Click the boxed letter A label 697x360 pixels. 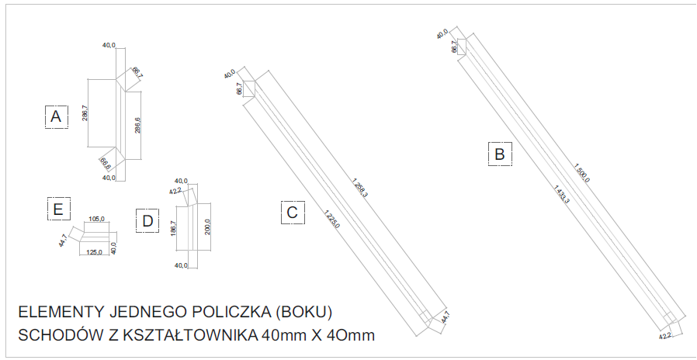pos(55,116)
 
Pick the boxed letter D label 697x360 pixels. pos(146,221)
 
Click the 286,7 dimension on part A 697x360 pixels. pos(85,112)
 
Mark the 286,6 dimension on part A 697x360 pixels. pos(137,126)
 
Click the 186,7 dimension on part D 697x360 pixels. pos(173,228)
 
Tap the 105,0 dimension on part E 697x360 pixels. pos(96,219)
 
